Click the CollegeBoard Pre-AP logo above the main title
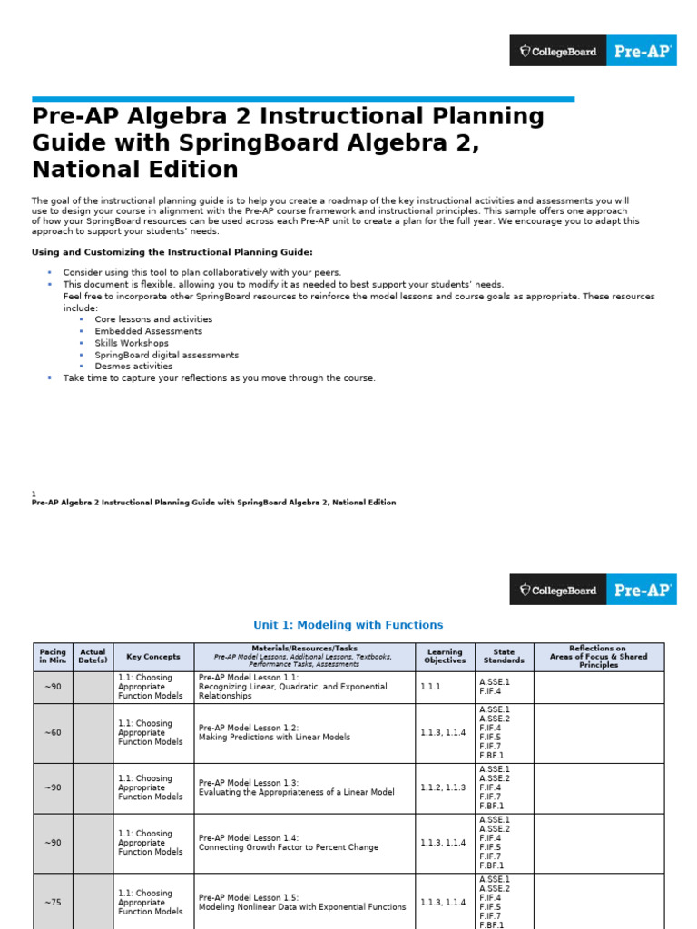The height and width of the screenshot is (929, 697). [593, 51]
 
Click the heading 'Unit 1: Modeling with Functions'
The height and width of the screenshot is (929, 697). [348, 625]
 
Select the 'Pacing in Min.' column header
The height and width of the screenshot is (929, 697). [53, 657]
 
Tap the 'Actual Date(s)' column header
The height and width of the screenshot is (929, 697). [93, 657]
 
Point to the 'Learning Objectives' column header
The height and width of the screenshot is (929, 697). [445, 657]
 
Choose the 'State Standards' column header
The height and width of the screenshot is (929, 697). [504, 657]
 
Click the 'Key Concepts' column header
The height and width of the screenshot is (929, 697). [152, 657]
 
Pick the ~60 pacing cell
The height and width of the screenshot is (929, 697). [53, 733]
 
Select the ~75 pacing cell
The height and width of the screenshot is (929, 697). [53, 903]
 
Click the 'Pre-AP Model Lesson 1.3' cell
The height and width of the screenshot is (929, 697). [303, 787]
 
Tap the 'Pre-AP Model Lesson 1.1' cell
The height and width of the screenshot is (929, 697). [303, 687]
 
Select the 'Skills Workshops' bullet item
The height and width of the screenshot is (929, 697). [132, 343]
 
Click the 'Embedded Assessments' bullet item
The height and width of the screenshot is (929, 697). [148, 331]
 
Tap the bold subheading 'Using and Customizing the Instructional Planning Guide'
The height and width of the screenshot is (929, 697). [172, 252]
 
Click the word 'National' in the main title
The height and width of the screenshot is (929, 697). [89, 170]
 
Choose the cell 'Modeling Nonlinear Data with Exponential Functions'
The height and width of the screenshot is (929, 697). [303, 907]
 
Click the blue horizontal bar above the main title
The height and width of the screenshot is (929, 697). [303, 99]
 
